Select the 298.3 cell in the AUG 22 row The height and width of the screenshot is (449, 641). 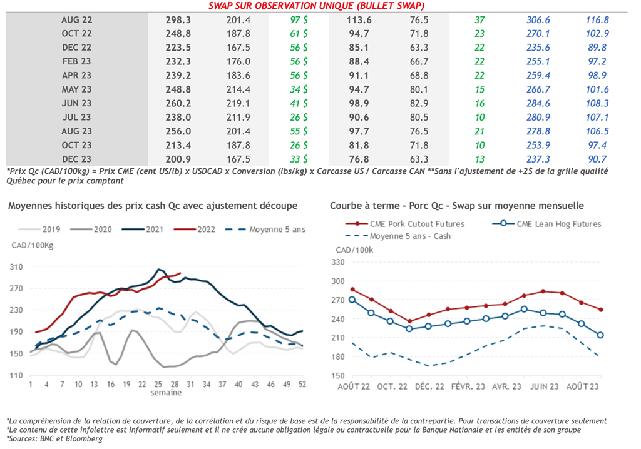pos(178,20)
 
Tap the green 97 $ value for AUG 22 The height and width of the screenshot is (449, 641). pos(297,20)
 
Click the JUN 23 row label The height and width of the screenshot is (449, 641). pos(77,103)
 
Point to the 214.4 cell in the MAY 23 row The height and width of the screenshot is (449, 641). pos(238,89)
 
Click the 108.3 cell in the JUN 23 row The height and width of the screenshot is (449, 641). pos(597,103)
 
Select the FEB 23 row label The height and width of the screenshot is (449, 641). pos(77,61)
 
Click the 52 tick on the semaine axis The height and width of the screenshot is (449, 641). pos(302,385)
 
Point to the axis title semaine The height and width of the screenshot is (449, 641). pos(167,393)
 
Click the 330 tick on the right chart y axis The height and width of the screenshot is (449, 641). pos(341,262)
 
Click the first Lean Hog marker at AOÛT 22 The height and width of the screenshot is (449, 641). pos(352,300)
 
